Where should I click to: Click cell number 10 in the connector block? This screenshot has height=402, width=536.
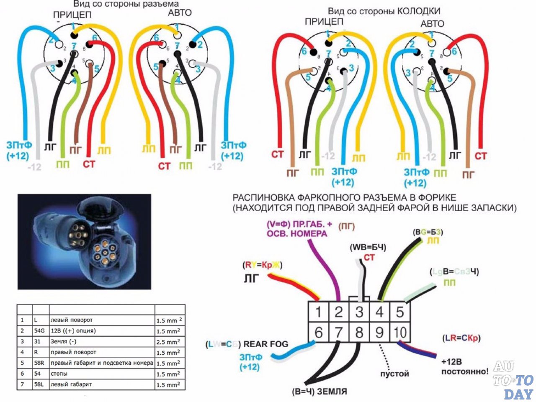coord(400,333)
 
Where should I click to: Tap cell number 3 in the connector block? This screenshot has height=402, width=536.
coord(359,312)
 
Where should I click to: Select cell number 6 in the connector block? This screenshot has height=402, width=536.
coord(318,333)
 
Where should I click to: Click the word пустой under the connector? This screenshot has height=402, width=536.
coord(394,373)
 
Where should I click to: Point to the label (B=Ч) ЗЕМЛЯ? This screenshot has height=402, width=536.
coord(320,392)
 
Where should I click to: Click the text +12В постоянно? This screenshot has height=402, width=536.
coord(465,366)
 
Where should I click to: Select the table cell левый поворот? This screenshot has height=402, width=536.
coord(72,320)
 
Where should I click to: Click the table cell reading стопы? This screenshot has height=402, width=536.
coord(59,374)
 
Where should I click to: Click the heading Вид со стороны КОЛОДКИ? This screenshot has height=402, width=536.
coord(384,11)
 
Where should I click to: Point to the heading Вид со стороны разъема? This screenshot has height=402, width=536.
coord(126,4)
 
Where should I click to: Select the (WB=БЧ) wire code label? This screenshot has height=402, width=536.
coord(368,247)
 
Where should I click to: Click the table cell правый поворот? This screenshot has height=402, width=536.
coord(73,352)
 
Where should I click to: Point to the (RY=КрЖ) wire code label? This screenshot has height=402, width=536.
coord(263,265)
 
